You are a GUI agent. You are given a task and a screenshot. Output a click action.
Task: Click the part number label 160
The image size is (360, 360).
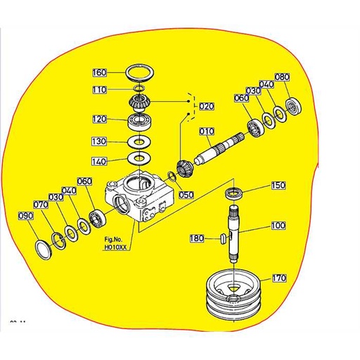click(x=100, y=72)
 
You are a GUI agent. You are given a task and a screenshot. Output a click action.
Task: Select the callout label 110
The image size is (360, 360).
click(x=100, y=90)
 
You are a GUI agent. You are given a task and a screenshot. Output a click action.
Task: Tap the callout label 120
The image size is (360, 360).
click(x=100, y=120)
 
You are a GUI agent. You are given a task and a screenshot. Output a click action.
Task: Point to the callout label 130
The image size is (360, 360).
click(x=100, y=142)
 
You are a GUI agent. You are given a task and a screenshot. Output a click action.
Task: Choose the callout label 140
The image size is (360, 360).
click(x=100, y=161)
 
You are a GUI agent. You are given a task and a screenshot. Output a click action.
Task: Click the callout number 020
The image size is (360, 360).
click(x=206, y=106)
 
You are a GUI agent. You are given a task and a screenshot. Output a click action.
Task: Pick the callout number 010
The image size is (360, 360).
click(x=206, y=131)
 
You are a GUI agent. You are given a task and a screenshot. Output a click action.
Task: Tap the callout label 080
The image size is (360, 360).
click(x=282, y=77)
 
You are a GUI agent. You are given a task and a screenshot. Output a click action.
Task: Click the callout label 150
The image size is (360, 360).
click(x=278, y=186)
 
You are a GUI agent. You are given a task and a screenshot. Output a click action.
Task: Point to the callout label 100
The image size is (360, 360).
click(x=278, y=226)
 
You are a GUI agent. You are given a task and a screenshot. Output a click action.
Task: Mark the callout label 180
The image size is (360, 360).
click(x=198, y=238)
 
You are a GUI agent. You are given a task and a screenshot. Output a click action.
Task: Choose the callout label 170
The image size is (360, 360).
click(x=279, y=278)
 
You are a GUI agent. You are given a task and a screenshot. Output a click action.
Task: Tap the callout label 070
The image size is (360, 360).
click(x=40, y=205)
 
